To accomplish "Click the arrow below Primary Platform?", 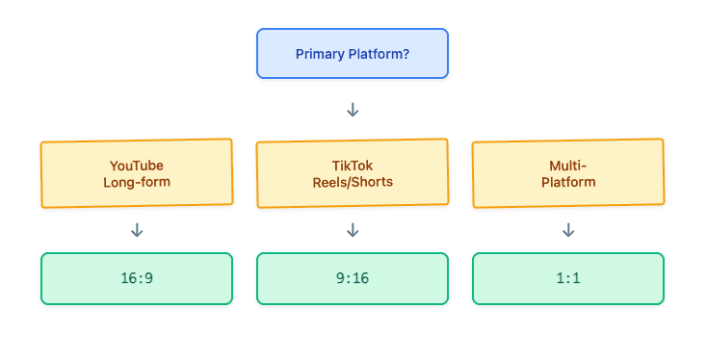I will click(x=353, y=110).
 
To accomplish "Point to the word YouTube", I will click(x=137, y=165).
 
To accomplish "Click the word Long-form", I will click(x=137, y=182).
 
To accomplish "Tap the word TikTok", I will click(x=353, y=165).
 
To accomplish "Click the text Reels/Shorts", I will click(x=353, y=182).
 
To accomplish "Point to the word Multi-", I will click(x=568, y=165).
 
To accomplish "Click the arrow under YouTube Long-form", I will click(x=137, y=230).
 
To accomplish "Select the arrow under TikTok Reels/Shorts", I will click(x=353, y=230).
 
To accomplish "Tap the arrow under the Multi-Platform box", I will click(x=568, y=230).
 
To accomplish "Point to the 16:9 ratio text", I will click(x=137, y=279).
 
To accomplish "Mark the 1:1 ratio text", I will click(x=568, y=279).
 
